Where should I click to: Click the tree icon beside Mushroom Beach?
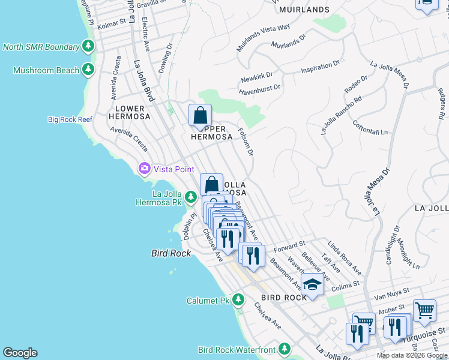coord(88,70)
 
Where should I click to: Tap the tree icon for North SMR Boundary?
coord(88,46)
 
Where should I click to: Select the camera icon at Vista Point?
coord(144,169)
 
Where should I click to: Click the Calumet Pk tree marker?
coord(238,299)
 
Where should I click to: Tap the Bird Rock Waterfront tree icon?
coord(284,349)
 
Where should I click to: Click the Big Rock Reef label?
coord(70,119)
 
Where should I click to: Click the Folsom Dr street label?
coord(246,141)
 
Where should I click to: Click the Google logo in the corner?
coord(20,353)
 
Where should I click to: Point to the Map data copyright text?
coord(411,355)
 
